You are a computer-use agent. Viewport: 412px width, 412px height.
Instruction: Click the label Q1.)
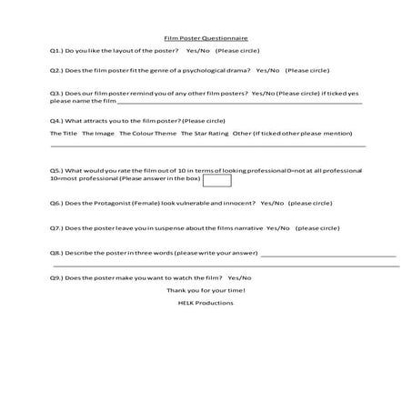56,52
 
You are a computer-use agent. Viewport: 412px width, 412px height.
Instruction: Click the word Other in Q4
243,134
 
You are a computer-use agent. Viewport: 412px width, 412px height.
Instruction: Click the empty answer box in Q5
217,180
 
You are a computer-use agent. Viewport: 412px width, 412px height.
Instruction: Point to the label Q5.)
56,170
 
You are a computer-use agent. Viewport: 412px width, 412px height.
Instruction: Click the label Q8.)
56,252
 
